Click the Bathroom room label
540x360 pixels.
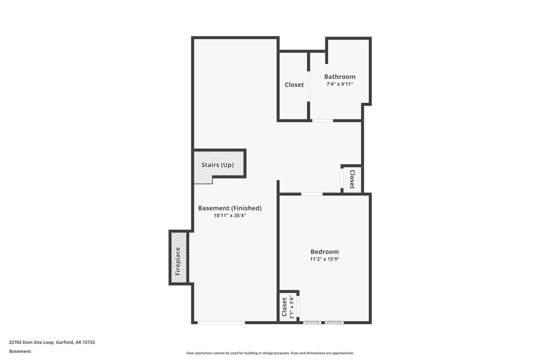coord(340,77)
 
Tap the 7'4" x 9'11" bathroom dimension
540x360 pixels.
coord(340,85)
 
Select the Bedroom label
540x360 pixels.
coord(324,252)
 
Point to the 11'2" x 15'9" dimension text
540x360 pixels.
coord(324,259)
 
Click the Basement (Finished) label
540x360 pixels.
coord(230,208)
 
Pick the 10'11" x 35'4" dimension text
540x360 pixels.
coord(230,216)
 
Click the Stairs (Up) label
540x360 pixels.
coord(217,165)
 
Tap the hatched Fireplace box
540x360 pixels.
coord(179,258)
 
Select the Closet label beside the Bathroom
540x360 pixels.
coord(294,85)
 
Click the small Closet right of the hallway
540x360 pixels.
coord(352,179)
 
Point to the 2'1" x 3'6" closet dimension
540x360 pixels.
coord(292,307)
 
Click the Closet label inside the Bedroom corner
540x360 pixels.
coord(284,307)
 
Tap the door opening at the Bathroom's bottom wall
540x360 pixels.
coord(322,120)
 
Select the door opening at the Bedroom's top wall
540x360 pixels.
coord(312,193)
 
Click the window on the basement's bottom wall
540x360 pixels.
coord(221,323)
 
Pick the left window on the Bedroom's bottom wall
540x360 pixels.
coord(312,323)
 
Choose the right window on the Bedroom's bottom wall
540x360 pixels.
coord(334,323)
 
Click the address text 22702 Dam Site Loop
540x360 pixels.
coord(52,342)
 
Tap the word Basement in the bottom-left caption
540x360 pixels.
coord(20,351)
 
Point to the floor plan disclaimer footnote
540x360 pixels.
coord(270,353)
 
